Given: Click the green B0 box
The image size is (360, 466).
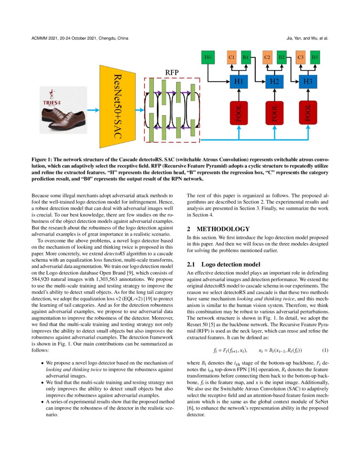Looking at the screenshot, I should (x=208, y=57).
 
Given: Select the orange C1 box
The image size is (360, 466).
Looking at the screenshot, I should (x=232, y=57).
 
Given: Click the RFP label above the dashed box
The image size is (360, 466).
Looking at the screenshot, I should (x=172, y=72).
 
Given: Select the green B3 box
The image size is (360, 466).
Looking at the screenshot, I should (x=315, y=57).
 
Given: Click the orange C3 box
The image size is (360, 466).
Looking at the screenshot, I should (x=300, y=57).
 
